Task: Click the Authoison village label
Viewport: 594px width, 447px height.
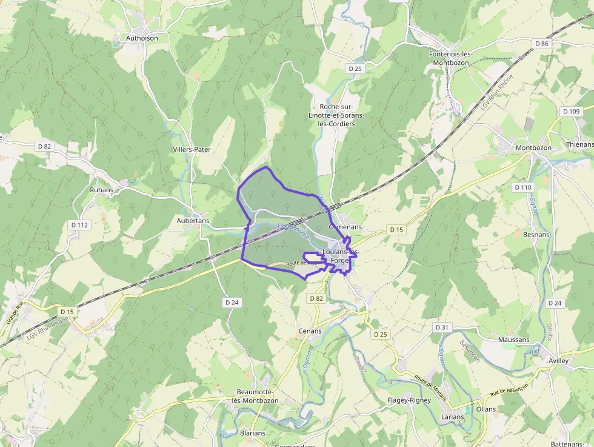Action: click(142, 38)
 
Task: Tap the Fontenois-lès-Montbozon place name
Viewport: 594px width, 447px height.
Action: click(450, 58)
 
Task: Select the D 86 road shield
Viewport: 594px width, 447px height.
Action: click(541, 44)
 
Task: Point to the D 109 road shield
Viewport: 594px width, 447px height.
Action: click(571, 112)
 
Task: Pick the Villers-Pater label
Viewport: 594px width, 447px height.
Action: click(192, 149)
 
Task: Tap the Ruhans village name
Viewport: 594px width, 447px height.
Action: click(101, 190)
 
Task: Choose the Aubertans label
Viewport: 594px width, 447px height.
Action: click(193, 221)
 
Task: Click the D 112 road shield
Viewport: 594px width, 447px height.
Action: click(79, 225)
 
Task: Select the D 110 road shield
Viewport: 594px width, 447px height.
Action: click(523, 187)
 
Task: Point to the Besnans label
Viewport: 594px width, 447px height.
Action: click(536, 235)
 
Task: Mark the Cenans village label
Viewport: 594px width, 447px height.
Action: click(310, 331)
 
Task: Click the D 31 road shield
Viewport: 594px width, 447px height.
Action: click(443, 328)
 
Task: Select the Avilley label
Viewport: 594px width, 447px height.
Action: click(558, 361)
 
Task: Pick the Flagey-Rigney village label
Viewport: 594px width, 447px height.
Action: click(409, 400)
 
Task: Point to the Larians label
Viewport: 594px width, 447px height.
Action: click(453, 417)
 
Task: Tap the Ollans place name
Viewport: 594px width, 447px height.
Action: click(486, 409)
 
